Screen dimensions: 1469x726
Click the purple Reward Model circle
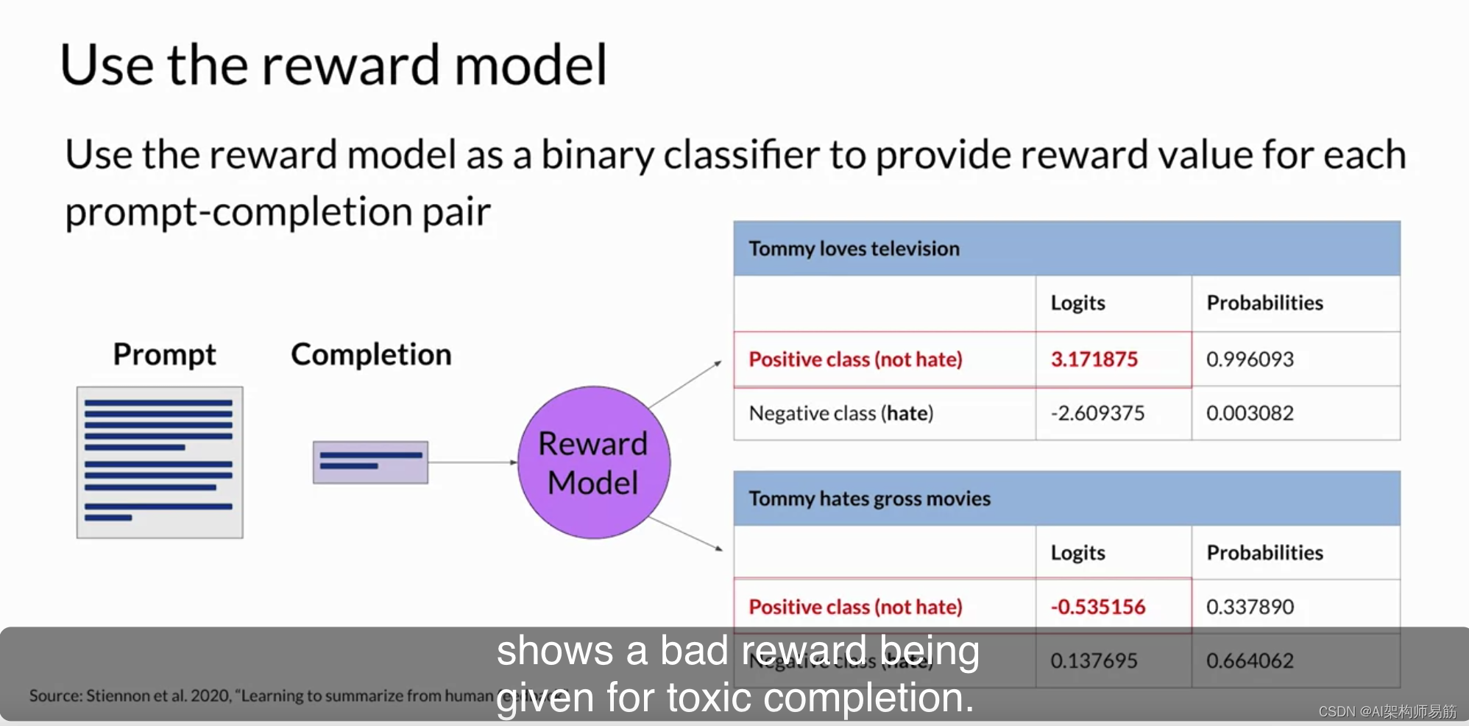[593, 462]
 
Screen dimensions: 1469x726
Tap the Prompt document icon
[160, 462]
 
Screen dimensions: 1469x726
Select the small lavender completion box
[370, 462]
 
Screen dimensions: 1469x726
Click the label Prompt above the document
[164, 354]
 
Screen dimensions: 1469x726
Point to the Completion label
[371, 354]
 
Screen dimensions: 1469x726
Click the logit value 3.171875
[1094, 359]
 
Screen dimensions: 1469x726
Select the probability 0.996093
[1249, 359]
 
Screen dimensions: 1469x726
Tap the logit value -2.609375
[1097, 413]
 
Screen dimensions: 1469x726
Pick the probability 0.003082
[1249, 413]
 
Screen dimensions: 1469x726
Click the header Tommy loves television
[854, 249]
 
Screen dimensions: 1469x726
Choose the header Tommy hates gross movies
[869, 498]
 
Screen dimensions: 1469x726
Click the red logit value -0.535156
[1097, 607]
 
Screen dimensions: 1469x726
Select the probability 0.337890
[1249, 607]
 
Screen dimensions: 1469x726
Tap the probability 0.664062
[1249, 660]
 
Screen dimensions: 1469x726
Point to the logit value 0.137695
[1094, 660]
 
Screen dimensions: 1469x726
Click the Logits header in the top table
[1077, 303]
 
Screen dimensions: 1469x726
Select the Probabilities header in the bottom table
[1264, 552]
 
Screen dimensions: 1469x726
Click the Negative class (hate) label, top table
[840, 413]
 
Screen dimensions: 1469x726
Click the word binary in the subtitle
[596, 155]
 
